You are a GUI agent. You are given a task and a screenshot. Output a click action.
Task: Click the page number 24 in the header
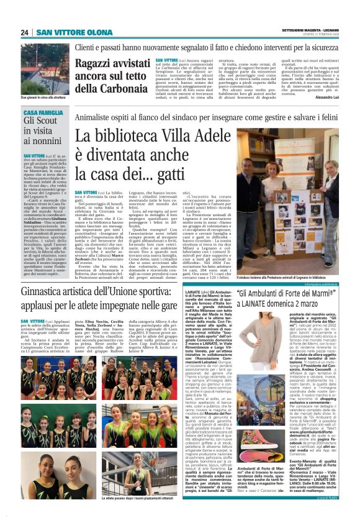click(24, 32)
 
